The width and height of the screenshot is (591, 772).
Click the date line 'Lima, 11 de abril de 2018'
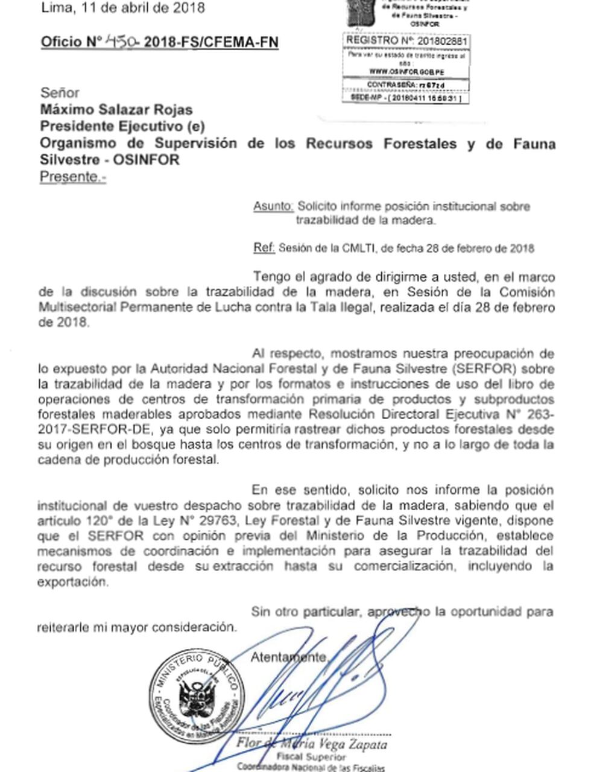coord(123,8)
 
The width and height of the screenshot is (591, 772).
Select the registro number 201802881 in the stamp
coord(443,40)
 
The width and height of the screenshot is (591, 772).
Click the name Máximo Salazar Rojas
coord(116,110)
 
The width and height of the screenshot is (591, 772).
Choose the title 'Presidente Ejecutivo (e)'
coord(122,127)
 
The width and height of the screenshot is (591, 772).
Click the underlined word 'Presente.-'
coord(73,177)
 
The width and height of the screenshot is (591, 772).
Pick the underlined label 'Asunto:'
coord(273,206)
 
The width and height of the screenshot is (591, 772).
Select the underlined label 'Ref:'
coord(264,248)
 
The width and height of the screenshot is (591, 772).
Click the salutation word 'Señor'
coord(60,93)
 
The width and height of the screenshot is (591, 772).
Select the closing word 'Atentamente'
coord(289,657)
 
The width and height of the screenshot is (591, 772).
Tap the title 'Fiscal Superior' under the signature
coord(311,756)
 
